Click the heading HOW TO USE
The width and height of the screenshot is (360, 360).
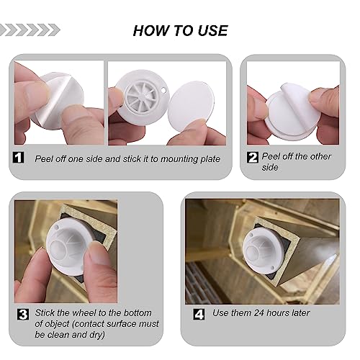click(180, 30)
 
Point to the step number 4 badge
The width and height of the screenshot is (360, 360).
click(199, 314)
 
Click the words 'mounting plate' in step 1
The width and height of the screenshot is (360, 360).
click(189, 158)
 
